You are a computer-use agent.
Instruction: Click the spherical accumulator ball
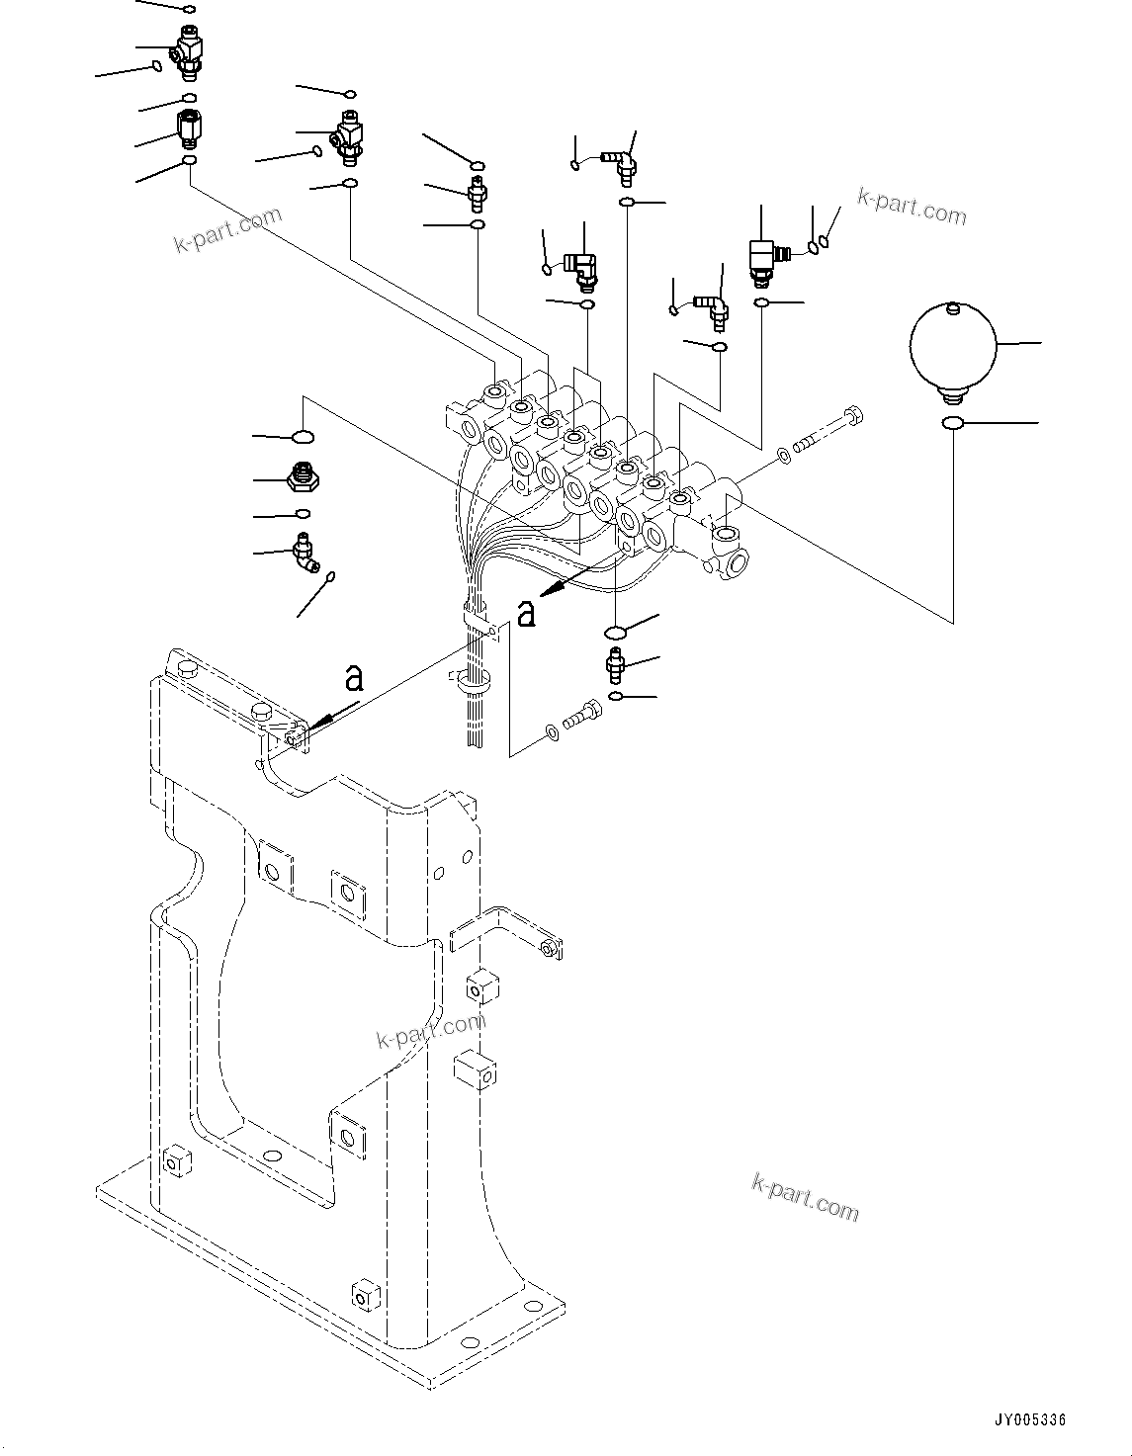coord(951,345)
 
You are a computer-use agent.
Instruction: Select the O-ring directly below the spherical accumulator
coord(952,423)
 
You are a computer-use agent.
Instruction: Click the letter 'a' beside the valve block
coord(527,612)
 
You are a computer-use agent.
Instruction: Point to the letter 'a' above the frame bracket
coord(353,678)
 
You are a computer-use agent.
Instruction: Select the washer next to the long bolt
coord(783,455)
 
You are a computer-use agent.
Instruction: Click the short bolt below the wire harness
coord(580,716)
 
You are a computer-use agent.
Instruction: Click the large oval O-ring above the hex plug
coord(303,435)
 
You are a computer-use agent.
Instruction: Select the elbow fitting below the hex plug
coord(305,553)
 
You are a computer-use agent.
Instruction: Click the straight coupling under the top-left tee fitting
coord(189,128)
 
